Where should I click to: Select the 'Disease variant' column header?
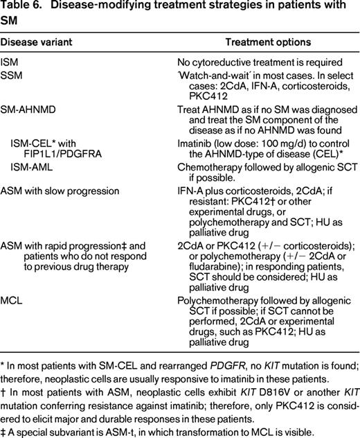pyautogui.click(x=36, y=42)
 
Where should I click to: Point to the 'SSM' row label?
pyautogui.click(x=11, y=75)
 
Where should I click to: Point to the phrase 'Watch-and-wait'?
pyautogui.click(x=212, y=75)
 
